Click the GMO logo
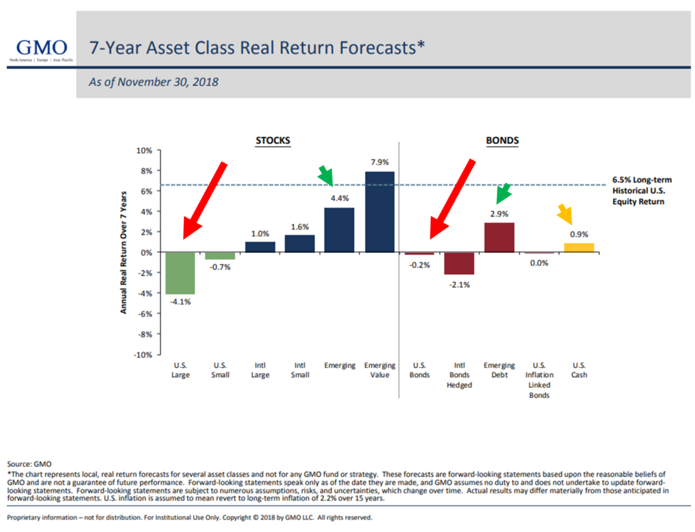pos(41,49)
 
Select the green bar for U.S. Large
pos(181,273)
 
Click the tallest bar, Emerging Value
pos(379,212)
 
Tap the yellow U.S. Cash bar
pos(579,248)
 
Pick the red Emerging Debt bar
pos(499,237)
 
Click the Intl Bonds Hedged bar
pos(459,263)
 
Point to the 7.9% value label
pos(379,162)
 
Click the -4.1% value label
pos(181,302)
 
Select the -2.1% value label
pos(459,284)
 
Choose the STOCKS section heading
pos(272,140)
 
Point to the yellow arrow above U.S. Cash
pos(565,214)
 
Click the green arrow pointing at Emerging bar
pos(326,176)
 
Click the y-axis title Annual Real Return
pos(124,252)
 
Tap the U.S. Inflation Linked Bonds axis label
pos(540,380)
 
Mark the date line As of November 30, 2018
pos(153,82)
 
